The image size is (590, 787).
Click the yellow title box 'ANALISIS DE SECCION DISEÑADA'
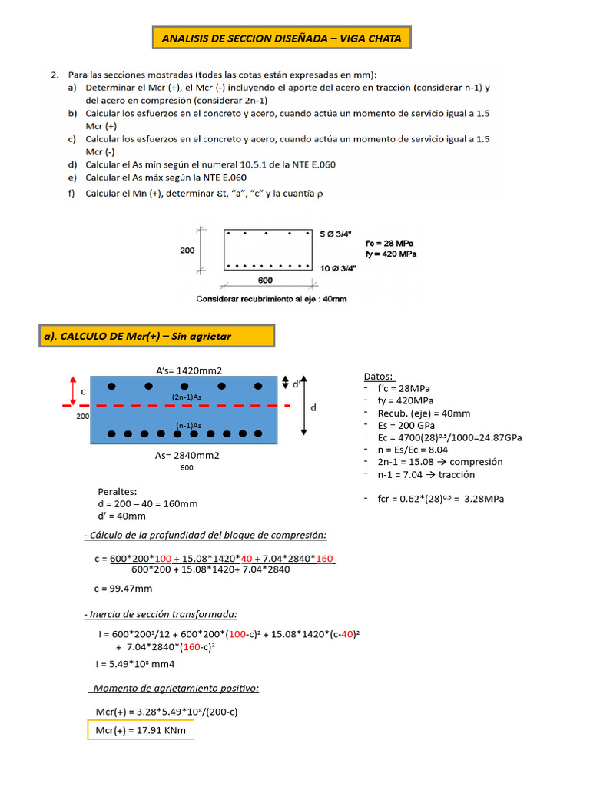(x=282, y=38)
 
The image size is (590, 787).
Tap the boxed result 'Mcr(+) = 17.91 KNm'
(x=141, y=730)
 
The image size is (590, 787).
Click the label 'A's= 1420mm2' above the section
(x=184, y=370)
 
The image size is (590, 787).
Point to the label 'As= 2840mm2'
(x=187, y=455)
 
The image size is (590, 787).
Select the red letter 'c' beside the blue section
(x=84, y=391)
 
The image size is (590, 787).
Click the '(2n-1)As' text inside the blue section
(x=187, y=397)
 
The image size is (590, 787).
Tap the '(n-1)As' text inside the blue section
(x=188, y=425)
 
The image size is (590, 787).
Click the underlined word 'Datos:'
(x=379, y=376)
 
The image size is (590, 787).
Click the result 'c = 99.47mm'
(x=123, y=589)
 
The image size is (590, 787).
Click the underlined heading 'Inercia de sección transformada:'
(x=161, y=614)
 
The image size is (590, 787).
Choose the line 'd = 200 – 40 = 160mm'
(x=147, y=504)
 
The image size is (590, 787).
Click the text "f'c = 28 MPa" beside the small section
(x=390, y=243)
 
